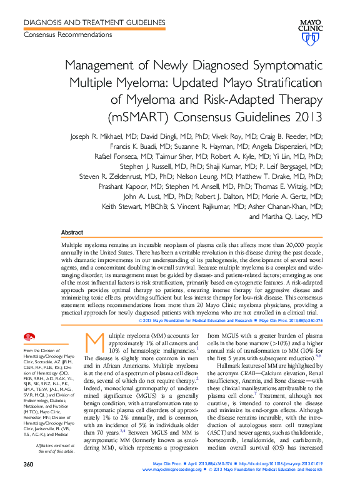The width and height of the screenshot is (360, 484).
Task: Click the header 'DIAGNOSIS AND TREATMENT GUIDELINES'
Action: [94, 22]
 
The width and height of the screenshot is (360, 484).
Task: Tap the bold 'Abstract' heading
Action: [73, 233]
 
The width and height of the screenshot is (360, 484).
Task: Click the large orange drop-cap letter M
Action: [93, 341]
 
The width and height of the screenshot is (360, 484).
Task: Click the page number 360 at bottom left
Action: [28, 465]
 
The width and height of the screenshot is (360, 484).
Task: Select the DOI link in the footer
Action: [286, 464]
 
